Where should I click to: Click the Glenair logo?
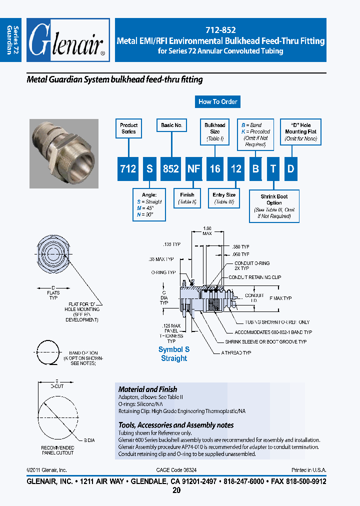[x=67, y=40]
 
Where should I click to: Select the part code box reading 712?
[x=128, y=169]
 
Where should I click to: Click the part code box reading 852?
[x=171, y=169]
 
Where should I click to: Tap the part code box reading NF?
[x=193, y=169]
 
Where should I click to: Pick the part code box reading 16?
[x=215, y=169]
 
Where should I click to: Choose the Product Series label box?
[x=128, y=128]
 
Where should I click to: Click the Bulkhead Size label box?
[x=215, y=131]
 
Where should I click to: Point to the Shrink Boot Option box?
[x=274, y=206]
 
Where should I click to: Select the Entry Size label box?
[x=224, y=198]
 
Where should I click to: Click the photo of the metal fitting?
[x=62, y=153]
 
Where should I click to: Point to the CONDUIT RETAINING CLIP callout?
[x=254, y=277]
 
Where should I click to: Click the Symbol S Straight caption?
[x=174, y=354]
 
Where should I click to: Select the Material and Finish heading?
[x=147, y=389]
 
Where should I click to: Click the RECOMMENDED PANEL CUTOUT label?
[x=57, y=450]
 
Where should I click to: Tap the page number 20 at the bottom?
[x=176, y=490]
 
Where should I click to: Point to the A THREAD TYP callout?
[x=236, y=352]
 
